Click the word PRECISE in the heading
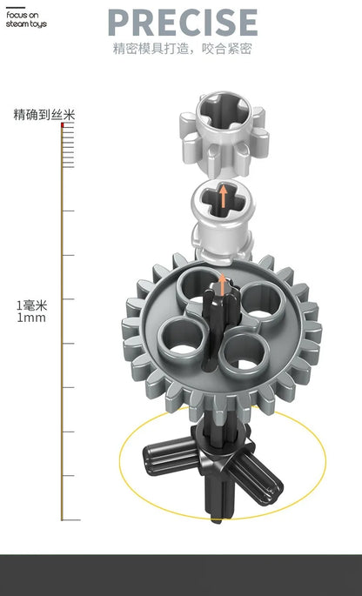(183, 23)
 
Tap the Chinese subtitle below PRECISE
(183, 49)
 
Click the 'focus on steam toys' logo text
(26, 20)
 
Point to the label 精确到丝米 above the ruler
(44, 114)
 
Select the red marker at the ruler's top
(63, 124)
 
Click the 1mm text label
(31, 318)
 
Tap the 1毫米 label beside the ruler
(31, 305)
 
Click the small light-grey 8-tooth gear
(224, 134)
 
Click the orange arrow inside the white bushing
(224, 196)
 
